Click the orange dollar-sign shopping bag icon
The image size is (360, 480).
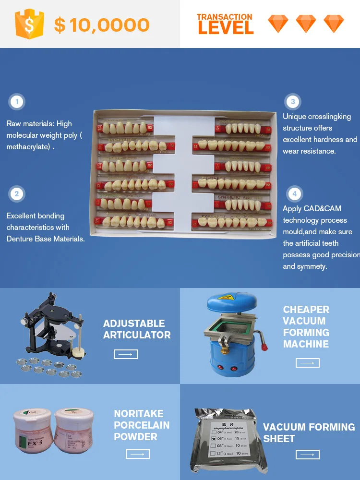click(29, 24)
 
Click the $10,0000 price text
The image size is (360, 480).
click(102, 25)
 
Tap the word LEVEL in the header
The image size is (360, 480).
click(225, 28)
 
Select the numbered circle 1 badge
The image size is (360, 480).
click(17, 102)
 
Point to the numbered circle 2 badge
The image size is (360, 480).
click(17, 194)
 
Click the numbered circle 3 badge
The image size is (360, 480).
click(293, 102)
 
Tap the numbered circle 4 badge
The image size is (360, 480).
click(294, 194)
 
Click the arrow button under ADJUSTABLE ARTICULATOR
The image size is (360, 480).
click(126, 354)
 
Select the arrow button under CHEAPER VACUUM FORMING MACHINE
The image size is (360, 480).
click(308, 363)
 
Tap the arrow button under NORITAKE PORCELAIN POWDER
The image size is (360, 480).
click(138, 454)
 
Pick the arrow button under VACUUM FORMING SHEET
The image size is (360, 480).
click(308, 455)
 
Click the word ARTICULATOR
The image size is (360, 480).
click(137, 335)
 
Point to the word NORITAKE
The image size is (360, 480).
click(138, 414)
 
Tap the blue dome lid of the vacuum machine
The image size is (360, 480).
click(228, 302)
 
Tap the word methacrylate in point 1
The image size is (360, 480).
click(28, 147)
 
